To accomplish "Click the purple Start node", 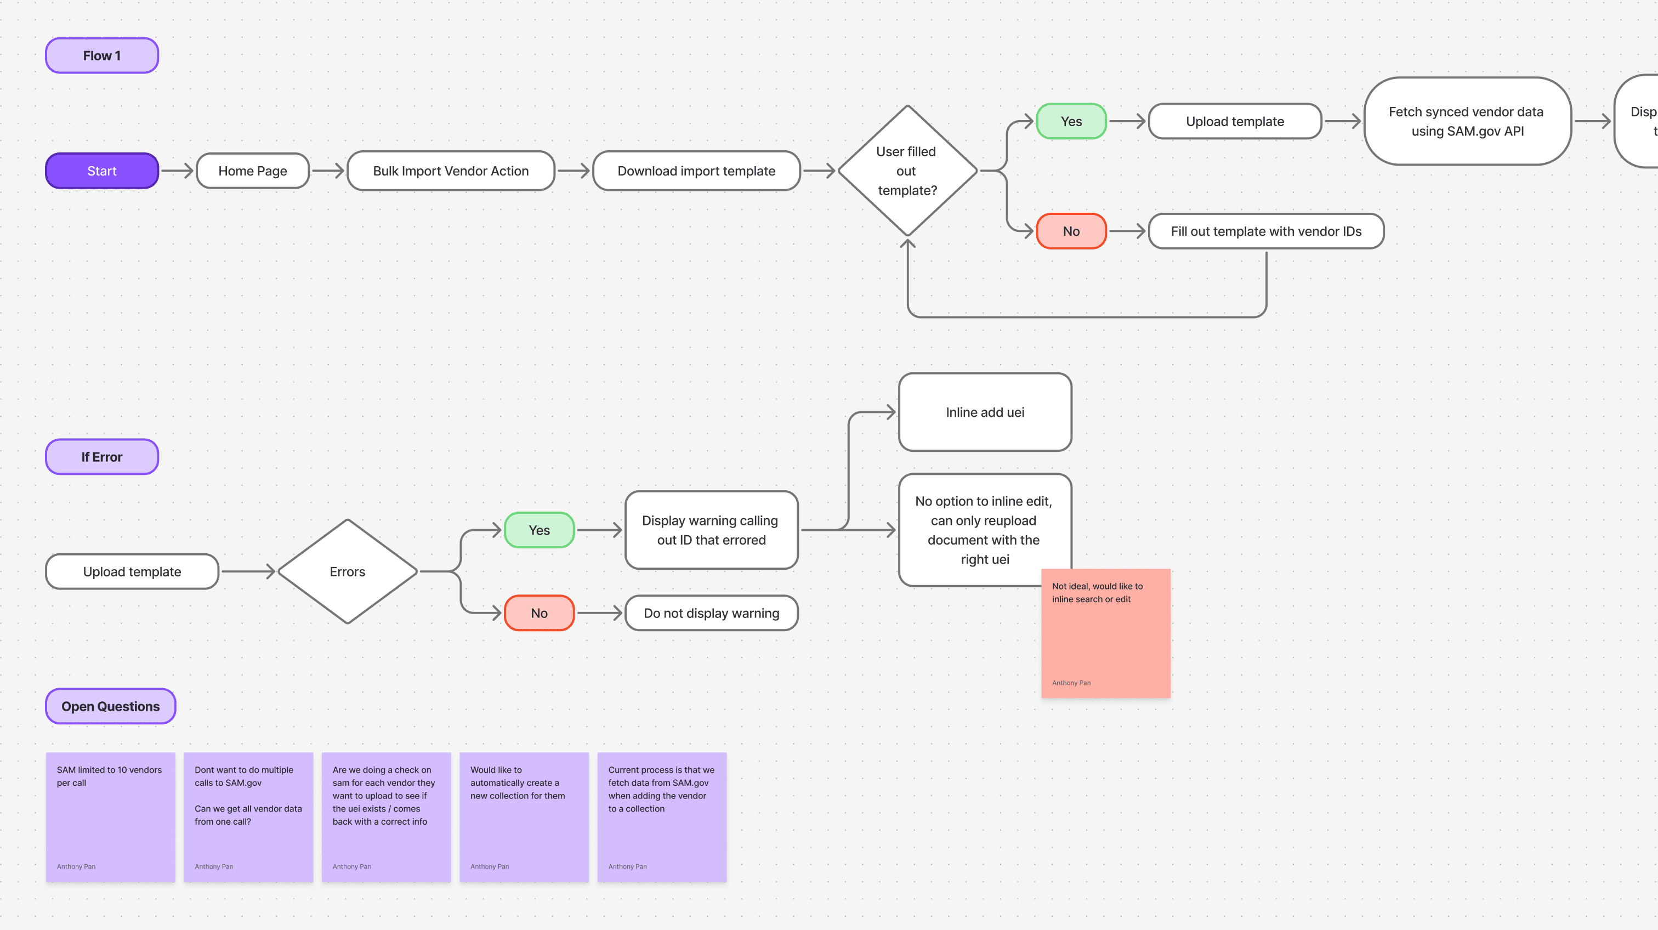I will click(101, 171).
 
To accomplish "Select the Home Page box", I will click(252, 171).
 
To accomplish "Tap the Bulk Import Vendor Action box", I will click(451, 171).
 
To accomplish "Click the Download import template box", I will click(696, 171).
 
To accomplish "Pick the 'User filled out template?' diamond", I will click(907, 171).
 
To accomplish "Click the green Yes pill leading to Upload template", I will click(1071, 121).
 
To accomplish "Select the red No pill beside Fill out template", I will click(1071, 231).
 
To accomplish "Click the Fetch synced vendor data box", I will click(1466, 121).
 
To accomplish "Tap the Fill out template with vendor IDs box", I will click(1265, 231).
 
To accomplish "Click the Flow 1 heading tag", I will click(101, 55).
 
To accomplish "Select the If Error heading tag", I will click(101, 457).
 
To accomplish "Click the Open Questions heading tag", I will click(110, 706).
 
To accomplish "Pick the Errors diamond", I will click(347, 571).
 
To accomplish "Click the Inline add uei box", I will click(984, 412).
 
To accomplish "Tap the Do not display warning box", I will click(711, 613).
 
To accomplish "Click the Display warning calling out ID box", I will click(711, 530).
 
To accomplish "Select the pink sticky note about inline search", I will click(1105, 637).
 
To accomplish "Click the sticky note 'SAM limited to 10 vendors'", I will click(110, 816).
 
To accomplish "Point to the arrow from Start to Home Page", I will click(177, 171).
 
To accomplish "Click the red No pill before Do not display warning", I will click(539, 613).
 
